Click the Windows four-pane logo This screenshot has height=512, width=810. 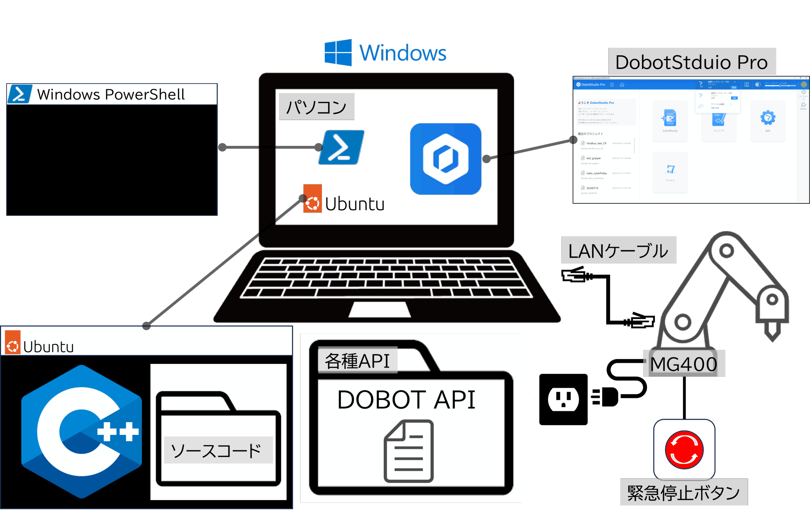pos(338,53)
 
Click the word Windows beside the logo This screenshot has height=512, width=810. pos(403,53)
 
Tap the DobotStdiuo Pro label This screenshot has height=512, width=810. pos(692,62)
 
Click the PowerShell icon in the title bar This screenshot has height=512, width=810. pos(20,94)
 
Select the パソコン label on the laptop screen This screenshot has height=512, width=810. pos(316,107)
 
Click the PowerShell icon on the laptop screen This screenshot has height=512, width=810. pos(341,148)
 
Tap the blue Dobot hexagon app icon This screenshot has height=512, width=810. pos(445,159)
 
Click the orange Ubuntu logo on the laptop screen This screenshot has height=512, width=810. pos(313,199)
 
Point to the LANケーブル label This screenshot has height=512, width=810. pos(618,250)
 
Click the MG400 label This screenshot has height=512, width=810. pos(684,363)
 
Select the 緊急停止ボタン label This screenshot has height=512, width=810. pos(683,492)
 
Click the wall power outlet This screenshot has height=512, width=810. pos(563,399)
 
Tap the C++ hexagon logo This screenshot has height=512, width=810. pos(81,432)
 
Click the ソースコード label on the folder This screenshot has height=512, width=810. pos(218,450)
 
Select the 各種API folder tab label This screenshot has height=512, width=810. pos(357,361)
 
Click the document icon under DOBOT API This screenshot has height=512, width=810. pos(408,451)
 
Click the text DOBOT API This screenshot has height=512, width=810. pos(406,400)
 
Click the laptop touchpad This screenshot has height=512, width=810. pos(379,309)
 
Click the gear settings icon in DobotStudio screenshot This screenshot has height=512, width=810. pos(768,118)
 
